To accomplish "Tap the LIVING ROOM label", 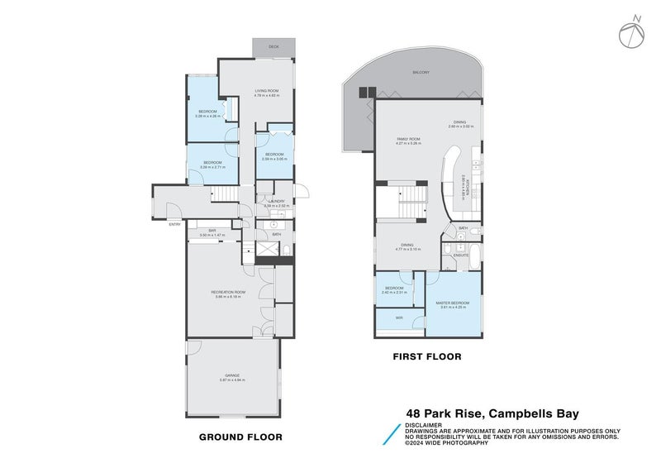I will click(267, 93).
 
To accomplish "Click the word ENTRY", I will click(174, 224).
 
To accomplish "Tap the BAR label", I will click(212, 232).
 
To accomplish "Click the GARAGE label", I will click(232, 377).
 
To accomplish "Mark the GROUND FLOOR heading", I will click(241, 437).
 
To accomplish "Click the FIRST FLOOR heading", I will click(427, 357).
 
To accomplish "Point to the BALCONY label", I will click(421, 73).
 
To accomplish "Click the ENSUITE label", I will click(462, 255).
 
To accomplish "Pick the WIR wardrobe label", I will click(399, 317).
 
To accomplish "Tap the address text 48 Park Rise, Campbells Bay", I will click(492, 414).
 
